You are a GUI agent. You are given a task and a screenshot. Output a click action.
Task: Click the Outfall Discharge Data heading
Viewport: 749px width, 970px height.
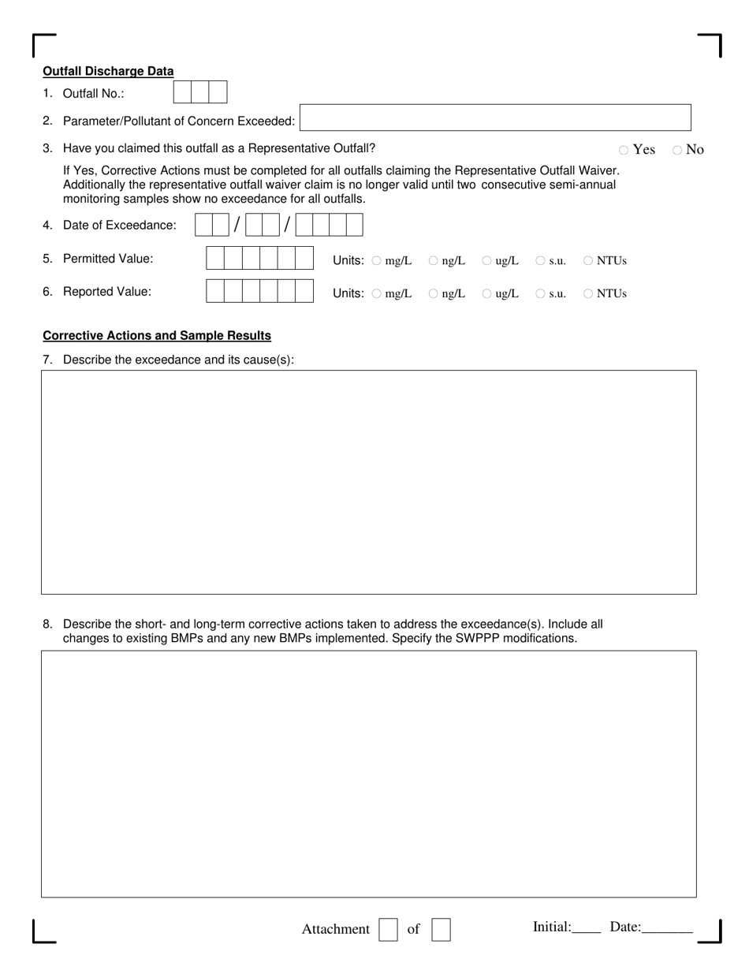(x=108, y=71)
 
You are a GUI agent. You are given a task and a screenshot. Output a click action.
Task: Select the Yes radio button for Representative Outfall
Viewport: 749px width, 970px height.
(x=624, y=150)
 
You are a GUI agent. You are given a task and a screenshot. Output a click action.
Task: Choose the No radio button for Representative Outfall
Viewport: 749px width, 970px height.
(x=677, y=150)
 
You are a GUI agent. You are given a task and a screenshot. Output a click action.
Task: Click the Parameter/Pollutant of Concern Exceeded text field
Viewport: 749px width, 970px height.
(x=494, y=118)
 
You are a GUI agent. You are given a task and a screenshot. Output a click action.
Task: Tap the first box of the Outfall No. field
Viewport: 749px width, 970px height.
(x=182, y=93)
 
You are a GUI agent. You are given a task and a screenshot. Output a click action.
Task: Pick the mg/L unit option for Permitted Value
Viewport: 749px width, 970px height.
(x=376, y=261)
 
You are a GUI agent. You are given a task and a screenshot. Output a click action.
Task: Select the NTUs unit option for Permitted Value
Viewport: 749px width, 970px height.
(x=588, y=261)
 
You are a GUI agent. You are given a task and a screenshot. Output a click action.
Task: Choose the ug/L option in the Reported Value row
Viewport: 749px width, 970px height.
(x=487, y=294)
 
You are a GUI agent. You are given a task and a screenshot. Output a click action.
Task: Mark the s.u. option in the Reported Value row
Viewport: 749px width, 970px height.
(x=541, y=294)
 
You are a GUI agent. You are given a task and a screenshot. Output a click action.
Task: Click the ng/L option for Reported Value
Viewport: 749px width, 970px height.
(x=434, y=294)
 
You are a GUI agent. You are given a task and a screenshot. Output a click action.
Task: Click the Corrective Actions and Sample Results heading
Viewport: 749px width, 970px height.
(x=157, y=336)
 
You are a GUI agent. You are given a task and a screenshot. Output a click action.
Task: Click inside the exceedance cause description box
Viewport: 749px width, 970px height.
(x=368, y=482)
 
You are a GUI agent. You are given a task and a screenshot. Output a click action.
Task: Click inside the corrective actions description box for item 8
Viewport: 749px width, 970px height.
(x=368, y=774)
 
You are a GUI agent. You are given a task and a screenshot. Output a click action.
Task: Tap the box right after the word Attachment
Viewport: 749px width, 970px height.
(x=388, y=930)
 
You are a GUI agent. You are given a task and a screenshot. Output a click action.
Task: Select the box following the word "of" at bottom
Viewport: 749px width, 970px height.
(x=441, y=930)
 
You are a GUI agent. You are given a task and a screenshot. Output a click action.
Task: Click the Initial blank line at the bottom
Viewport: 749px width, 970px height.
(x=587, y=929)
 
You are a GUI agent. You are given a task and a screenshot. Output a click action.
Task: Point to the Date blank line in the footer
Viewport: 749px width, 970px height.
(x=667, y=929)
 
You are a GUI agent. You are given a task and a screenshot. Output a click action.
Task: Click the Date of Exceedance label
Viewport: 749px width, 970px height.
(x=120, y=226)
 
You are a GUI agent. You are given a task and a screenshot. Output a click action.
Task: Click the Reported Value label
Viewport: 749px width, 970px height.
(x=107, y=292)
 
